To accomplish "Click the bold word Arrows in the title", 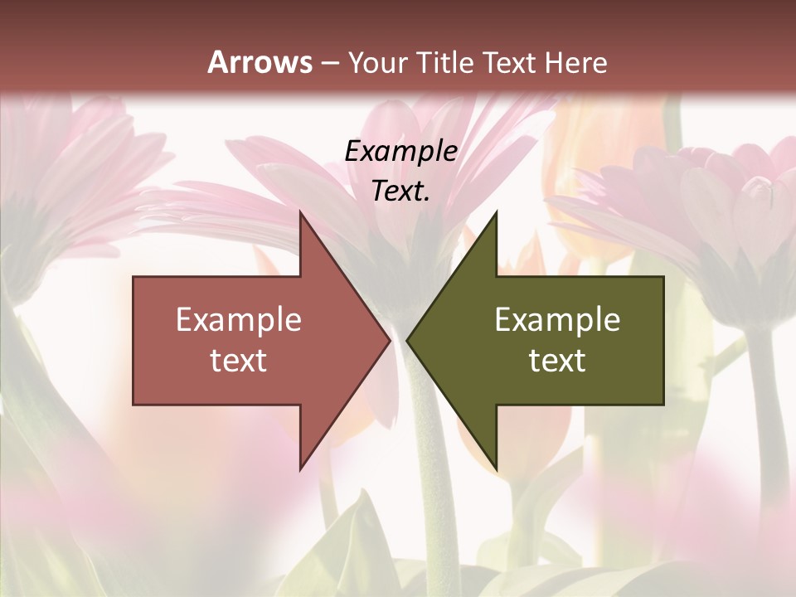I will [x=260, y=62].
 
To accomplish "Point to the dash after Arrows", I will [x=329, y=64].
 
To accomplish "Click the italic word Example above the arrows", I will [x=401, y=151].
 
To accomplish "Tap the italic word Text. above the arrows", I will [x=400, y=191].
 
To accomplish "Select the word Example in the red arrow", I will [x=239, y=319].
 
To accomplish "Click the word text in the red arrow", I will [x=239, y=360].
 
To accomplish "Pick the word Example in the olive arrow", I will [x=557, y=319].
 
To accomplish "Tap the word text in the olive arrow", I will [x=557, y=360].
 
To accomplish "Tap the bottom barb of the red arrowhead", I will [x=301, y=468].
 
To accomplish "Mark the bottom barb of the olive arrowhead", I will [x=496, y=468].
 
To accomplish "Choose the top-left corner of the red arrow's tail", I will [x=134, y=278].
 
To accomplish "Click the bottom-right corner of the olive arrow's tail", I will [x=663, y=404].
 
